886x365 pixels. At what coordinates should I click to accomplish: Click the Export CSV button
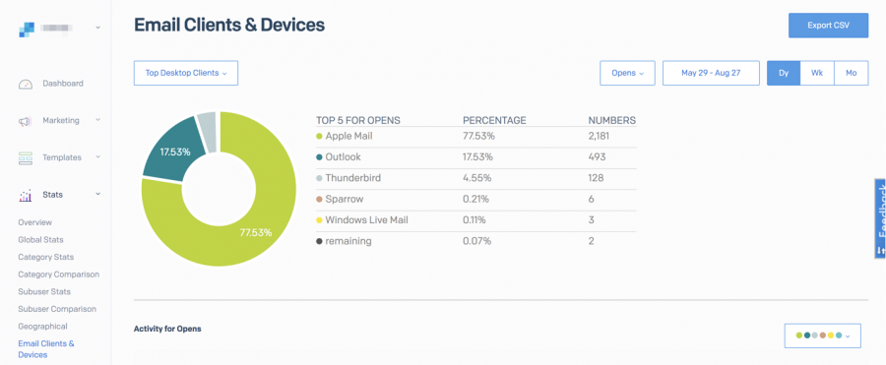point(828,25)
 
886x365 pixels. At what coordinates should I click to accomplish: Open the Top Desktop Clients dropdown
point(185,73)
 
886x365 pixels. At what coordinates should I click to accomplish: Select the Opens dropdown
point(627,73)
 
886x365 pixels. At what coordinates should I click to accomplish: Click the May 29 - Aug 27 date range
point(710,73)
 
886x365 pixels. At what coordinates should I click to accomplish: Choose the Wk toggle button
point(817,73)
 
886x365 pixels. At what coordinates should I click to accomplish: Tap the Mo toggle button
point(851,73)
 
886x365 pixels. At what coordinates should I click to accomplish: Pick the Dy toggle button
point(784,73)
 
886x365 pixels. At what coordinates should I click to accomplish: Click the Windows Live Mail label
point(365,219)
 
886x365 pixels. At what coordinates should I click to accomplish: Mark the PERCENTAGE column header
point(494,120)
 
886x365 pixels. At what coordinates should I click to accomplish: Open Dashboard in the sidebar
point(62,84)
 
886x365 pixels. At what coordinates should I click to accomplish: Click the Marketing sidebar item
point(60,120)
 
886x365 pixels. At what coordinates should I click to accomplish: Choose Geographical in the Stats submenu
point(42,326)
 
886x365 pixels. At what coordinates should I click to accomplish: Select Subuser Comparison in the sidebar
point(57,309)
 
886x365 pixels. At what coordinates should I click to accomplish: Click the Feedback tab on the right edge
point(880,218)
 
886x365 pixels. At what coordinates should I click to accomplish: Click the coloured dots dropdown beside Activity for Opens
point(822,335)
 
